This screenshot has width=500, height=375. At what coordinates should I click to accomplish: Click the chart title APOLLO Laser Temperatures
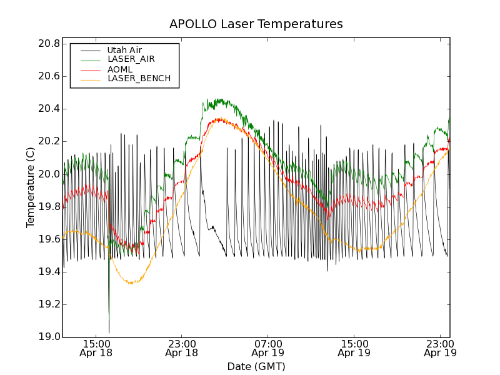(256, 24)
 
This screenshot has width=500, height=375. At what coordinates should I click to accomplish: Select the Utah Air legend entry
(124, 50)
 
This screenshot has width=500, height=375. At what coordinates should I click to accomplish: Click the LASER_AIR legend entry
(131, 59)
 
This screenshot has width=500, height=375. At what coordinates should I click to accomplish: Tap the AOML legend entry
(120, 69)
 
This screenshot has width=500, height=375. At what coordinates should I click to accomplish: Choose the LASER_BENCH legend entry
(139, 79)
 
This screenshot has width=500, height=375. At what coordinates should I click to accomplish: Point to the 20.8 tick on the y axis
(48, 44)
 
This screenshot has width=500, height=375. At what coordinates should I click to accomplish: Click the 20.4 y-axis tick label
(48, 109)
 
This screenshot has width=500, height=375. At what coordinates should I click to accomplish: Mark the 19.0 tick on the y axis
(48, 337)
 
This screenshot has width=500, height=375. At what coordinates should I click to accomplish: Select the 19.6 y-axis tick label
(48, 239)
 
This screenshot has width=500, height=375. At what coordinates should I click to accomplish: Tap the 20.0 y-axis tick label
(48, 174)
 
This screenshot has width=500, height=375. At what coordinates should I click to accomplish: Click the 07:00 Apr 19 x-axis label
(267, 348)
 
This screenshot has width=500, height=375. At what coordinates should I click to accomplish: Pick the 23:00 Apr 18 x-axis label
(181, 348)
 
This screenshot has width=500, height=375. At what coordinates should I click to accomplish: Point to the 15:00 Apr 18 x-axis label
(96, 348)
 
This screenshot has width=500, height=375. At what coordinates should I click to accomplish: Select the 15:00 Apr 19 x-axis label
(354, 348)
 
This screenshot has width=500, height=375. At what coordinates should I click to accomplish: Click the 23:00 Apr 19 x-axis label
(439, 348)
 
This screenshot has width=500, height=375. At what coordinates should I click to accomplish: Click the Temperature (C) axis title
(31, 187)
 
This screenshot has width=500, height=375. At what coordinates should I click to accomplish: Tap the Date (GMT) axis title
(256, 366)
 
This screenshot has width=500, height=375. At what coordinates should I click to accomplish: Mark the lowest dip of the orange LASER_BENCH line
(132, 283)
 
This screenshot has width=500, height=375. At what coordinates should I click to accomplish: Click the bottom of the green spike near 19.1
(109, 319)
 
